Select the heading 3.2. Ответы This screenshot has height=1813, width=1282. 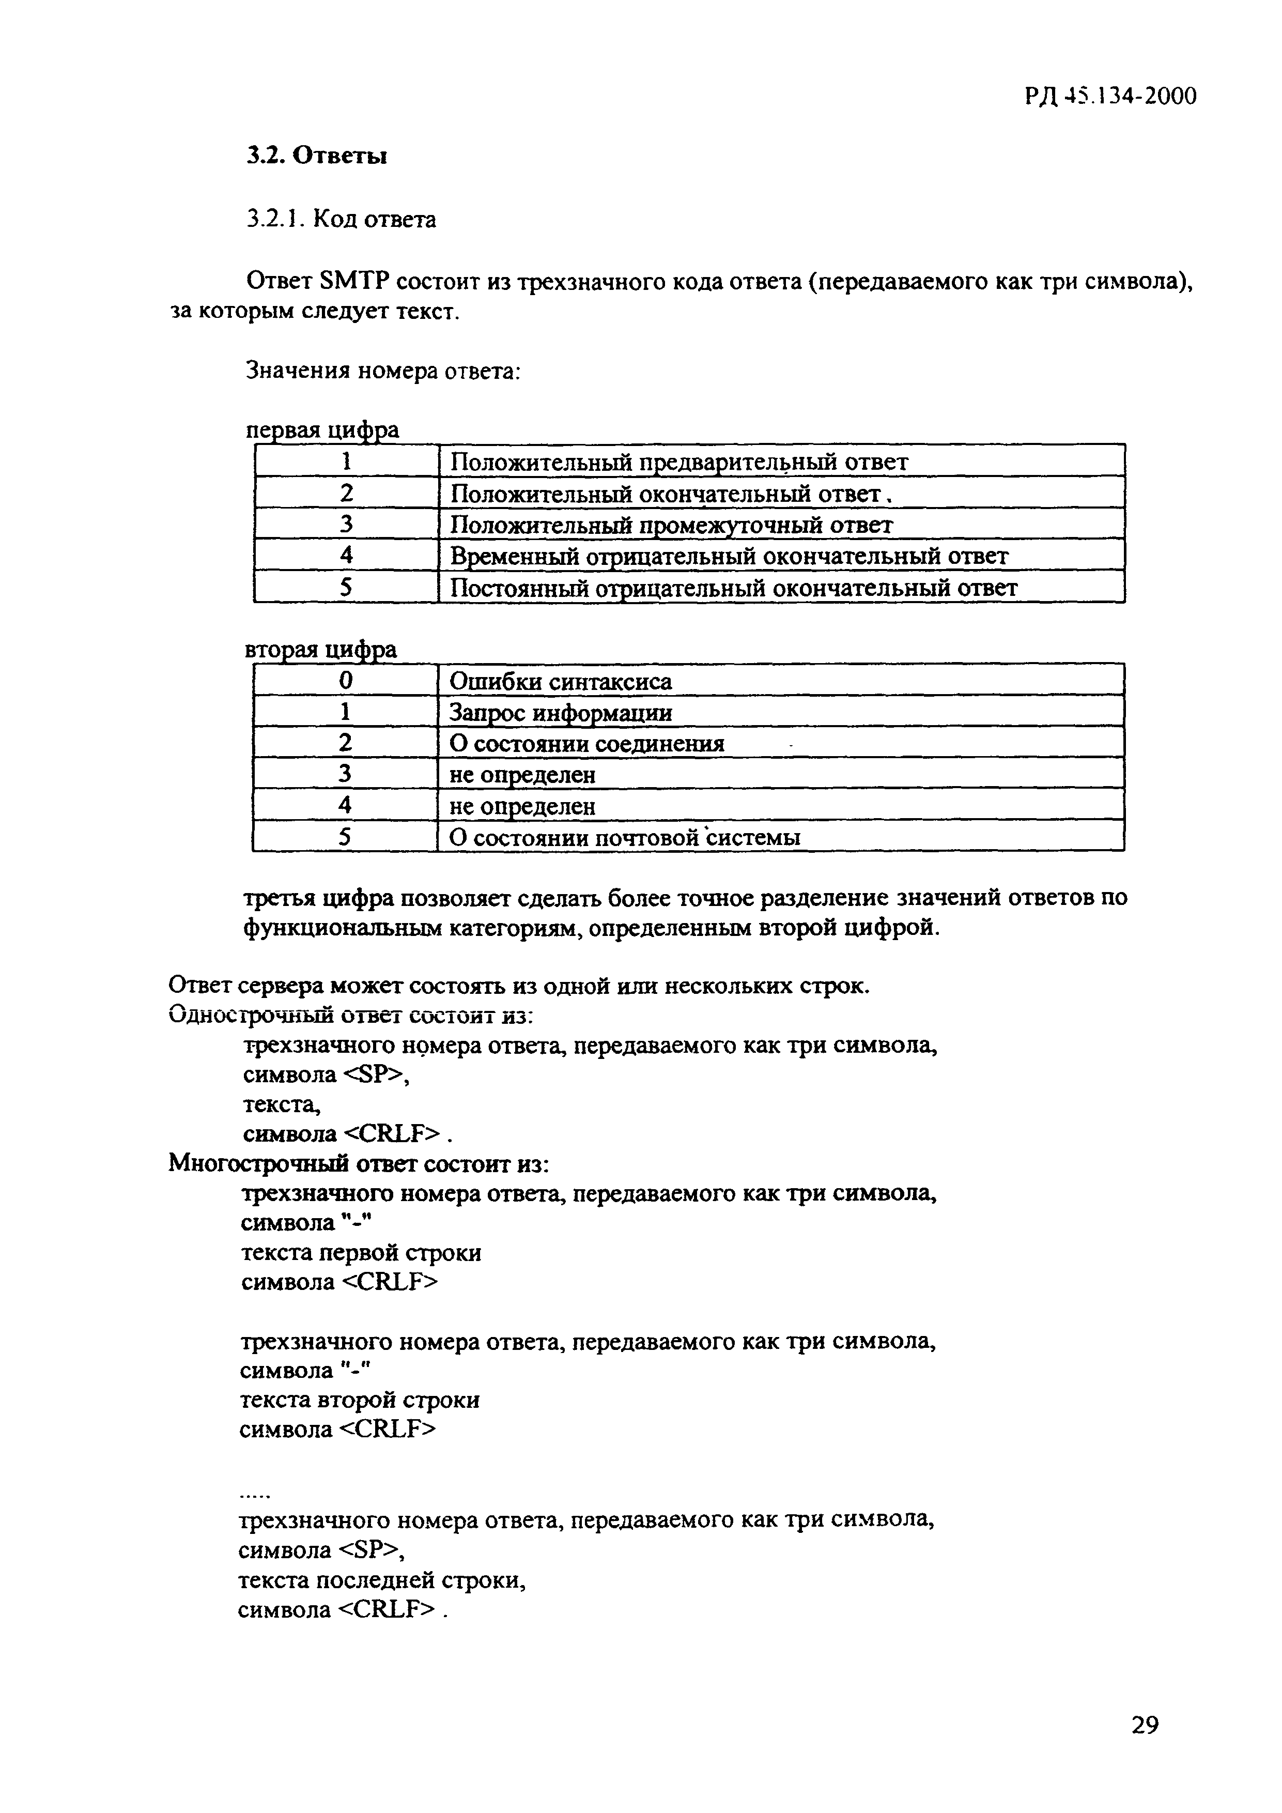pos(317,156)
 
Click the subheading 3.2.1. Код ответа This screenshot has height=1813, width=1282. pos(341,219)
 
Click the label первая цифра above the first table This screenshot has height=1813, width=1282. pos(323,431)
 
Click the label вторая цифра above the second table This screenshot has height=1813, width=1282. pos(321,650)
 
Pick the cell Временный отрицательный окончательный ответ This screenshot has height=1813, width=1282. pos(729,557)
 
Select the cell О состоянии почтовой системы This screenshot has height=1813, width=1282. pos(624,837)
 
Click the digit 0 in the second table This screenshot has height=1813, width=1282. pos(345,681)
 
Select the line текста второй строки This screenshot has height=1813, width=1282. pos(359,1400)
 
